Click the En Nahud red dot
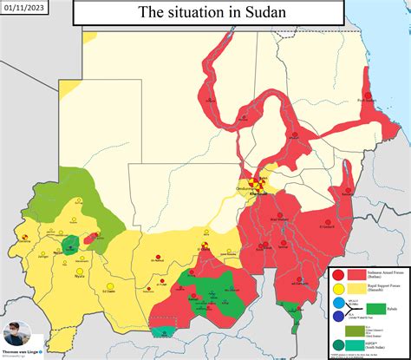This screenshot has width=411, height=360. click(156, 255)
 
